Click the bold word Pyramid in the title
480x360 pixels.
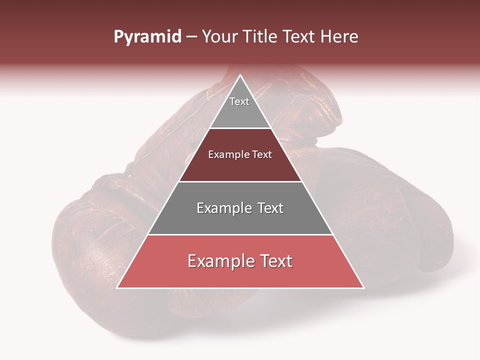(147, 37)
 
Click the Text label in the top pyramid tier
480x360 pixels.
(239, 101)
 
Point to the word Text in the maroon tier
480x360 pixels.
(262, 155)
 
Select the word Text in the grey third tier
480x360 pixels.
(270, 208)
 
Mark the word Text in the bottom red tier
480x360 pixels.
(275, 261)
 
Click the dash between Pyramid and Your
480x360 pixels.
(191, 37)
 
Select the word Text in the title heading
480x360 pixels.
(298, 37)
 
